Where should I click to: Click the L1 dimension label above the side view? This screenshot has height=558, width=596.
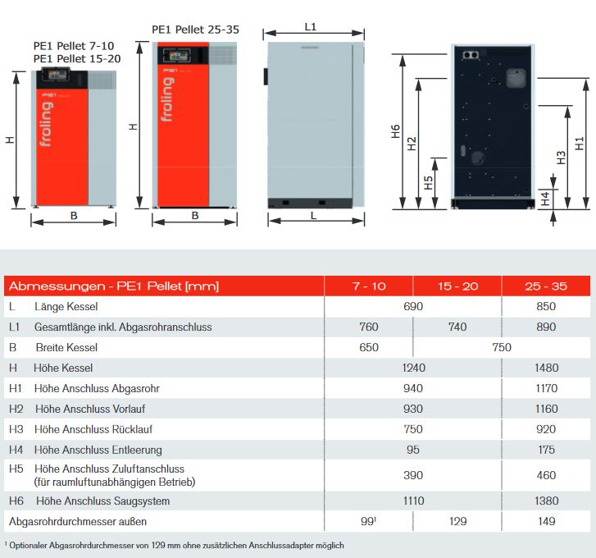click(x=311, y=26)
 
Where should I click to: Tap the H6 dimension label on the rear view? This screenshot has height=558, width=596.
click(x=395, y=131)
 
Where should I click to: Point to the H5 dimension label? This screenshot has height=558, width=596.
click(x=428, y=182)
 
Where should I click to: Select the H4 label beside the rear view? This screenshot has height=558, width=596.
click(x=545, y=198)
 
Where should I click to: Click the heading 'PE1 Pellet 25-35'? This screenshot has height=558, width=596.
click(x=195, y=30)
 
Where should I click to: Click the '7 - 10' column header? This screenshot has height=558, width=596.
click(x=369, y=286)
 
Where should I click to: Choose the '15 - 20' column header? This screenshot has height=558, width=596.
click(x=457, y=286)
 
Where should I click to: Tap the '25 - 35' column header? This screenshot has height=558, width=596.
click(x=546, y=286)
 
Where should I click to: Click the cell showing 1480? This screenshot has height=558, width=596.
click(x=546, y=368)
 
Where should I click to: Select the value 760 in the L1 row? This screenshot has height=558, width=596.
click(x=369, y=327)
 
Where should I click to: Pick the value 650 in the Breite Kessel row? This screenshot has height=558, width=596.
click(x=369, y=347)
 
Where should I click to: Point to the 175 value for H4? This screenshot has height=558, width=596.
click(x=546, y=450)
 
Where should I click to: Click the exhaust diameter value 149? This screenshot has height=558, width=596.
click(x=546, y=521)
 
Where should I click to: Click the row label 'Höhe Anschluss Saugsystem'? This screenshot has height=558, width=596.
click(x=102, y=501)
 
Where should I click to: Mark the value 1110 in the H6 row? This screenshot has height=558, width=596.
click(x=413, y=501)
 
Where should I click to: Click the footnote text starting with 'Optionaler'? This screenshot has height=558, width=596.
click(x=175, y=545)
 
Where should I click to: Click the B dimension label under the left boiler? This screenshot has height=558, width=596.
click(x=73, y=216)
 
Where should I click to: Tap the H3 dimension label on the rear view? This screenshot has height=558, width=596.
click(x=561, y=158)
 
